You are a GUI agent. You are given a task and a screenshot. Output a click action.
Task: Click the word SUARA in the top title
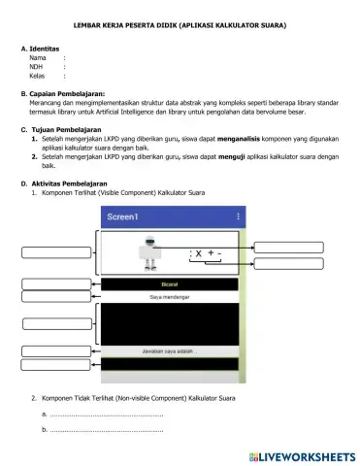(x=275, y=21)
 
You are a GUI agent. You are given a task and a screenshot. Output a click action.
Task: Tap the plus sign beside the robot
(x=211, y=254)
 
